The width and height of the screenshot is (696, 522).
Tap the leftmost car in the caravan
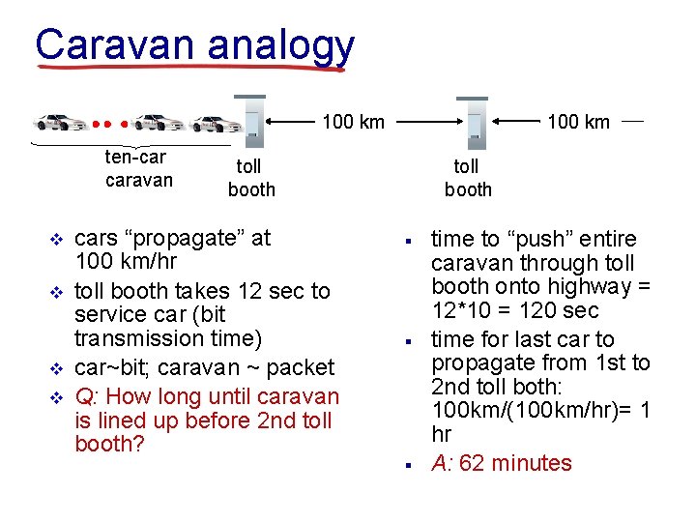pos(61,123)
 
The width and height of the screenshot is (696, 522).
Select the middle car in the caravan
pos(157,123)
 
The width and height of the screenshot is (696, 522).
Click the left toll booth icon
pos(250,120)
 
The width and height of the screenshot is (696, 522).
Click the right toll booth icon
pos(474,121)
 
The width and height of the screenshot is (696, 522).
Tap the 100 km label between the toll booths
pos(353,122)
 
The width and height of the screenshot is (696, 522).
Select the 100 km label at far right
pos(578,122)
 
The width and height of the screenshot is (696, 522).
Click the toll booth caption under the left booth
pos(251,179)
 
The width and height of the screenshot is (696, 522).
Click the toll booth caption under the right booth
pos(468,179)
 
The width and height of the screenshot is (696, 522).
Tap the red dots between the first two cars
pos(110,124)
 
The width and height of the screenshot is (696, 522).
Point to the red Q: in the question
pos(84,396)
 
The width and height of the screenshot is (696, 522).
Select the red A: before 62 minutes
pos(442,463)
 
